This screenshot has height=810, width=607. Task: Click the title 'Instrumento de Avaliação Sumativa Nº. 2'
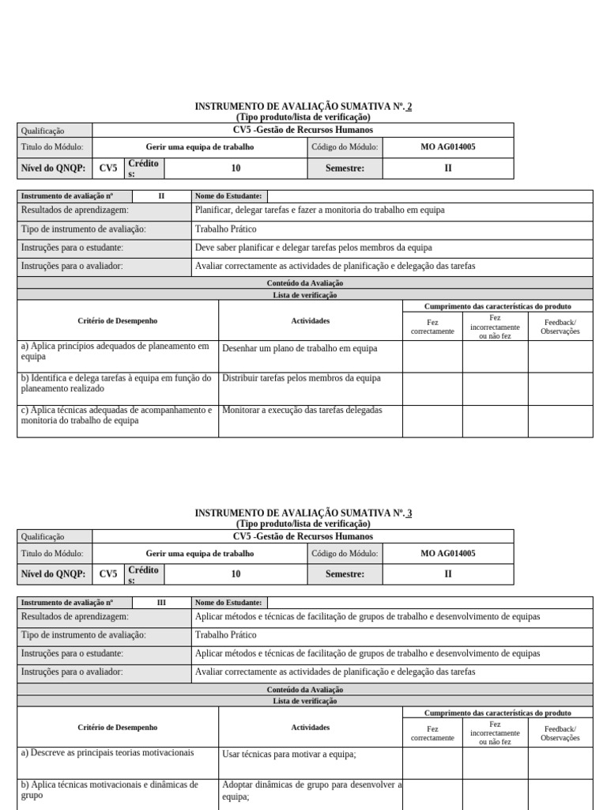(303, 107)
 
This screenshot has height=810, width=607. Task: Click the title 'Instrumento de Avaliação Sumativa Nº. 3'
(303, 513)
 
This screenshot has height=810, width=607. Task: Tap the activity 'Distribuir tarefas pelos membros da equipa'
(301, 378)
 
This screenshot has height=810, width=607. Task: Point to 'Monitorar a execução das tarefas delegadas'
(302, 410)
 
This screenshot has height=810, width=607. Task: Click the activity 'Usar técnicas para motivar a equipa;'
(289, 755)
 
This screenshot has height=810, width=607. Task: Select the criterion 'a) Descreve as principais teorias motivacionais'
(107, 753)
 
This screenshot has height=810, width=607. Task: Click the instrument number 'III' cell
(161, 602)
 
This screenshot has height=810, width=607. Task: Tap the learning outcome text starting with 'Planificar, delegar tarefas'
(319, 210)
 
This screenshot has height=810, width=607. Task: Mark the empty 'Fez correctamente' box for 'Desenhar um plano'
(432, 356)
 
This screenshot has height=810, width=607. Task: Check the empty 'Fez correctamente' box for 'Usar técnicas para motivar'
(432, 763)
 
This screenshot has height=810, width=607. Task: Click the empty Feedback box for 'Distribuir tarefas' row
(560, 388)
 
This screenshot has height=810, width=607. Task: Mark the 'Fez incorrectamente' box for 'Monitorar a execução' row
(495, 420)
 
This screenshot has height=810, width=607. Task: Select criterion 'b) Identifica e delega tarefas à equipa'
(115, 383)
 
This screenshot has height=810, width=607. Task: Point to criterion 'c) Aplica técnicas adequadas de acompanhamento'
(115, 415)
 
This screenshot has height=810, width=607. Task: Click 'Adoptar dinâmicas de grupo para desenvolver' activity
(311, 791)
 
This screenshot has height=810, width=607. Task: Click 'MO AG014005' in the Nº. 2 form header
(448, 146)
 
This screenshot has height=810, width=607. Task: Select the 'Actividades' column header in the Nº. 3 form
(311, 727)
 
